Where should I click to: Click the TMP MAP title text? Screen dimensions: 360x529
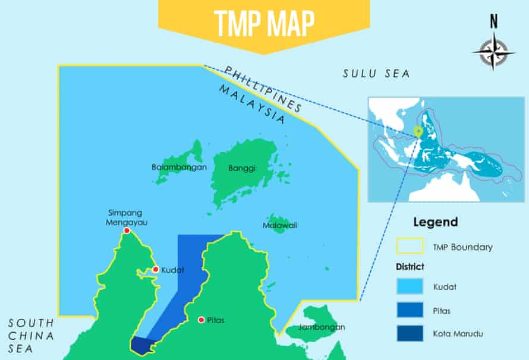(x=264, y=22)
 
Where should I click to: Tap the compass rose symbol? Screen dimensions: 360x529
(x=493, y=50)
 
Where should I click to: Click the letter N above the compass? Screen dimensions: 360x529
(x=493, y=22)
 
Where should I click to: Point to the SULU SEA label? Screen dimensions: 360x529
(x=377, y=74)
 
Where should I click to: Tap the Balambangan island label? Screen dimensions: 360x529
(x=179, y=167)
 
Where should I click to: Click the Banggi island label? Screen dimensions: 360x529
(x=242, y=168)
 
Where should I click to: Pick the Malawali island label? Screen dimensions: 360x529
(x=280, y=226)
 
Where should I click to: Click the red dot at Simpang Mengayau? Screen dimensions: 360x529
(x=126, y=230)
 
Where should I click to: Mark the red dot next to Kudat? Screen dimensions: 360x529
(x=155, y=270)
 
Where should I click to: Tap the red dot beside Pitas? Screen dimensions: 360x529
(x=201, y=320)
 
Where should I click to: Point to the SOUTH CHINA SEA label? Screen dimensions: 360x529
(x=31, y=336)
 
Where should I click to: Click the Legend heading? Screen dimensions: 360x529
(x=435, y=222)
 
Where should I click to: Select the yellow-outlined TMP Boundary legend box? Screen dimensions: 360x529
(x=410, y=247)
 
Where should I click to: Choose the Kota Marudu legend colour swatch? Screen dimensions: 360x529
(x=410, y=333)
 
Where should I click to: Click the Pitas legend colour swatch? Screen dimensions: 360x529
(x=410, y=310)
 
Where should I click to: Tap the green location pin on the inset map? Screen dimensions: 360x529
(x=418, y=132)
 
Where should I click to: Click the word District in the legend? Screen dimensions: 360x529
(x=410, y=266)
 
